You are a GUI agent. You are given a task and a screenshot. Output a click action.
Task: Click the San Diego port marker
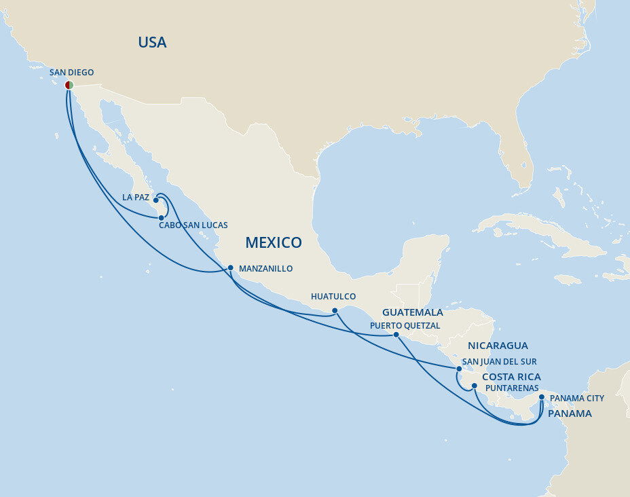(x=69, y=85)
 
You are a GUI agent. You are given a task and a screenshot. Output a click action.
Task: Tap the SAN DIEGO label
(x=71, y=72)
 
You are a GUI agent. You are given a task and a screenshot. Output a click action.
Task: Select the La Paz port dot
(x=156, y=200)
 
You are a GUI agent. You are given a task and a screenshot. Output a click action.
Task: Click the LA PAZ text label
(x=135, y=198)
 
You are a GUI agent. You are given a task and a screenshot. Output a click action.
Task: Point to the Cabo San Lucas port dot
(x=161, y=218)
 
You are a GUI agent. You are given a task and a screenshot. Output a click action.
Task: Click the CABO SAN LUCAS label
(x=193, y=225)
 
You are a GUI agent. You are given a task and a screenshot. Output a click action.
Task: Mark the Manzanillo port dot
(x=230, y=268)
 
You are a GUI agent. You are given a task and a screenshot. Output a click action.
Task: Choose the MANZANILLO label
(x=265, y=269)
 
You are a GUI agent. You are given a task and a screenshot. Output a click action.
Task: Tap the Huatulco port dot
(x=335, y=310)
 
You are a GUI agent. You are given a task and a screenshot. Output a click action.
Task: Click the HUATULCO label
(x=333, y=297)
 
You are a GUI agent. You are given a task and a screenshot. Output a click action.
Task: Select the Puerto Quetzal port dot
(x=396, y=334)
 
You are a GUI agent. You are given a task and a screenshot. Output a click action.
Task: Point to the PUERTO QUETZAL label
(x=405, y=326)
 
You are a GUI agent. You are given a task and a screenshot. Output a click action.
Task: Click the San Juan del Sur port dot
(x=459, y=369)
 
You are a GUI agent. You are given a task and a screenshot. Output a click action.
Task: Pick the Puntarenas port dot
(x=475, y=386)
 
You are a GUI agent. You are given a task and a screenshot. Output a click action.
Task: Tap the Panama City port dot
(x=541, y=397)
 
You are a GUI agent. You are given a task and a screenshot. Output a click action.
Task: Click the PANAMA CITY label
(x=576, y=399)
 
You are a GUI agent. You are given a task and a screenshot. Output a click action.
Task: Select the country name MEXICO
(x=274, y=242)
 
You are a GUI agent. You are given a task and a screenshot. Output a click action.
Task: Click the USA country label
(x=152, y=42)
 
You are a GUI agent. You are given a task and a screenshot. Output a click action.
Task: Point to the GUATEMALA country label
(x=413, y=312)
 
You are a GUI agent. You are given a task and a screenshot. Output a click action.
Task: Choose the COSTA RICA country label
(x=511, y=377)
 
